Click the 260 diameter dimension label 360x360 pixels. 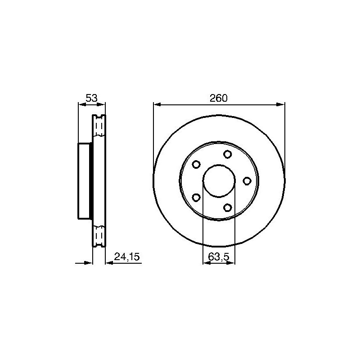point(218,98)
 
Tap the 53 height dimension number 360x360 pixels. point(92,98)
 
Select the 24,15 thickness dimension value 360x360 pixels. point(127,256)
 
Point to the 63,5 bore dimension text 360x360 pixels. point(219,256)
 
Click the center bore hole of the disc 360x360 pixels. point(219,181)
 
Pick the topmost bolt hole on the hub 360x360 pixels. point(227,154)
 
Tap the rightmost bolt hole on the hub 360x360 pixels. point(247,181)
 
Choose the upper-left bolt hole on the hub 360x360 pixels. point(196,164)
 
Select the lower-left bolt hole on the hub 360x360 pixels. point(196,198)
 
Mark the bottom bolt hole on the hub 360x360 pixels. point(227,208)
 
